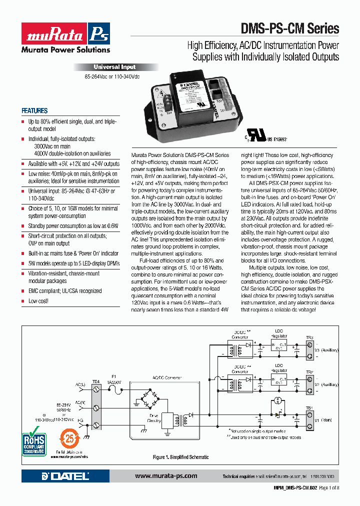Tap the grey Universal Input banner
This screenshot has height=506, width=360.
click(115, 67)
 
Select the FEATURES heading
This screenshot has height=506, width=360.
click(34, 111)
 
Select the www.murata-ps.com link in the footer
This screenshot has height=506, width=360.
click(166, 476)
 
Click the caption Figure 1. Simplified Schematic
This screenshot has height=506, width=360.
click(180, 457)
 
